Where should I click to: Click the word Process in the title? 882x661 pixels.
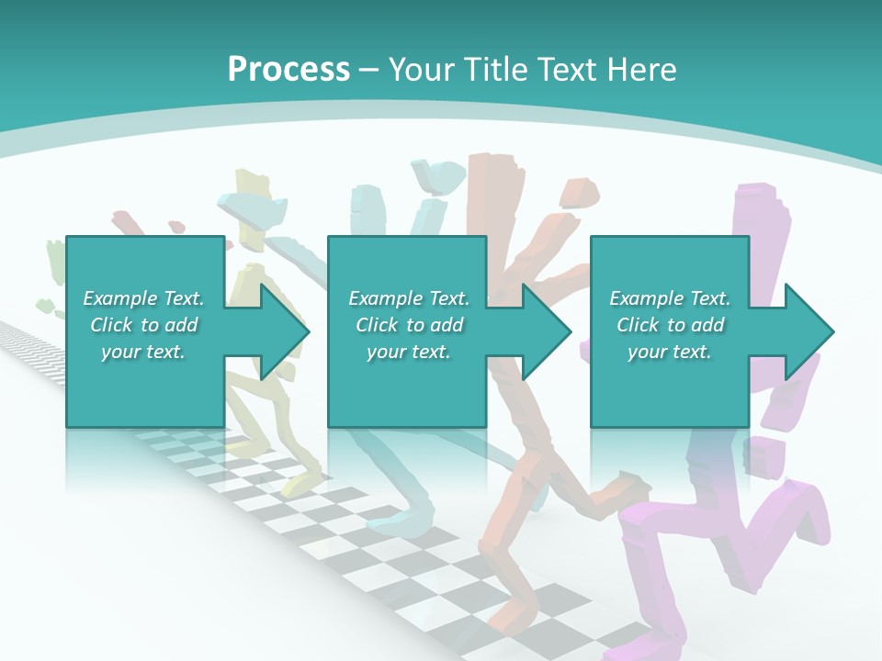(x=288, y=69)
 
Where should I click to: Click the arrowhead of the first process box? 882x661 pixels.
(x=287, y=331)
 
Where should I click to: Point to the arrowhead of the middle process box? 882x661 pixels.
(x=548, y=331)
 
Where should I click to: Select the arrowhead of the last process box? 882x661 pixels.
(x=810, y=331)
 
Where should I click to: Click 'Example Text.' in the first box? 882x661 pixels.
(x=143, y=298)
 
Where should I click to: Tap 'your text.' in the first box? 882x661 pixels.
(x=143, y=352)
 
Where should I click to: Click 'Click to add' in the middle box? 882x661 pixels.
(x=409, y=325)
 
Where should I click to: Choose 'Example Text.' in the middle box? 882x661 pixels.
(x=409, y=298)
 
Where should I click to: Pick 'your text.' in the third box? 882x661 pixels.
(x=670, y=352)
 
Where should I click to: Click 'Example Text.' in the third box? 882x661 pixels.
(x=670, y=298)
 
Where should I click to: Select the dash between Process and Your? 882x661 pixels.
(x=369, y=71)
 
